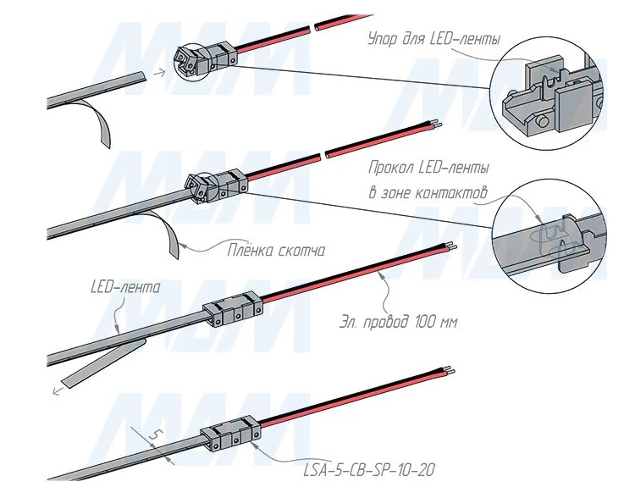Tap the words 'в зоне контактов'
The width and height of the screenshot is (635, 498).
pyautogui.click(x=428, y=193)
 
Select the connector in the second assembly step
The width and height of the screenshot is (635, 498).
pyautogui.click(x=215, y=185)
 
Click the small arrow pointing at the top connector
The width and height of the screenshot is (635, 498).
pyautogui.click(x=158, y=73)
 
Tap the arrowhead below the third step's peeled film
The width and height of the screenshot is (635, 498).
pyautogui.click(x=56, y=391)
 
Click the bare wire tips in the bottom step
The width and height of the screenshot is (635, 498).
pyautogui.click(x=454, y=370)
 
